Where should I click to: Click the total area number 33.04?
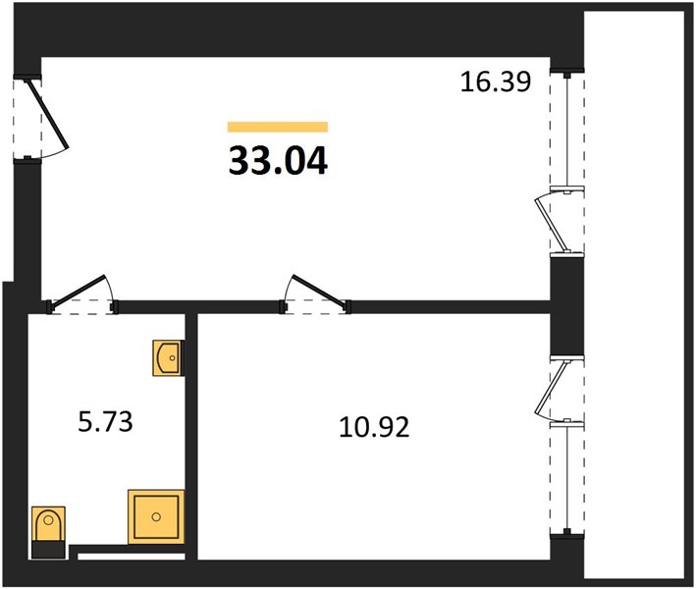click(279, 161)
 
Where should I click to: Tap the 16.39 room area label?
click(496, 82)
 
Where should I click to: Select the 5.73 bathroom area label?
click(105, 422)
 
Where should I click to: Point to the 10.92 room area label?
click(374, 427)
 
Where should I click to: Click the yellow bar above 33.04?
click(278, 127)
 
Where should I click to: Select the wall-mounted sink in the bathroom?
click(167, 357)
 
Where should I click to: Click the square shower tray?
click(156, 516)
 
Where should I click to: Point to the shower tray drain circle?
click(156, 516)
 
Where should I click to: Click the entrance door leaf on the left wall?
click(48, 113)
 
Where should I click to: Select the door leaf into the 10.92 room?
click(319, 291)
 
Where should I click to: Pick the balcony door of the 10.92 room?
click(552, 390)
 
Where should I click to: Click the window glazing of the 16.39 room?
click(567, 132)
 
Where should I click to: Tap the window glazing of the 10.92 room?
click(567, 478)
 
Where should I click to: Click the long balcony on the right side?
click(634, 294)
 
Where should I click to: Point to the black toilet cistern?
click(48, 550)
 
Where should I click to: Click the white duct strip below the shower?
click(132, 557)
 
